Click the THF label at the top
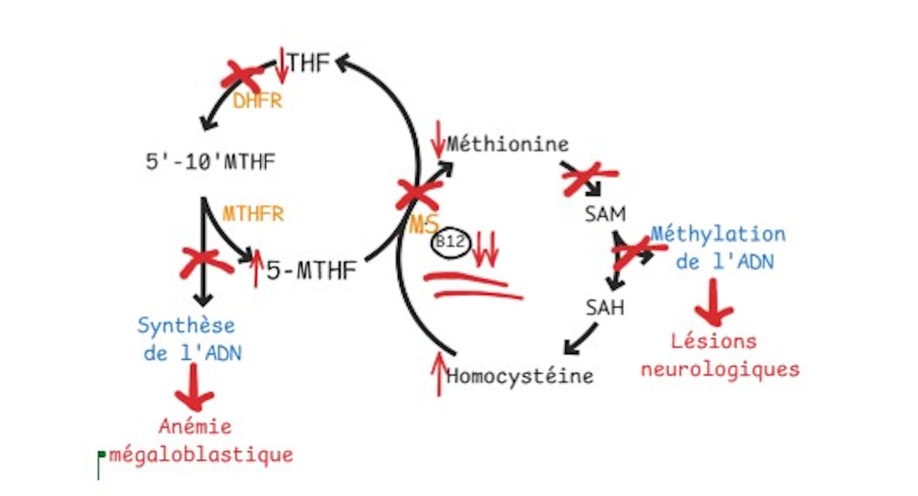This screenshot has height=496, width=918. [308, 63]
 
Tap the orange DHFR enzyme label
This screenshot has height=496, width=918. [257, 102]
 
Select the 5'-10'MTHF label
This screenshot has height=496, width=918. [211, 161]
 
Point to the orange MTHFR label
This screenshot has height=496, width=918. [253, 213]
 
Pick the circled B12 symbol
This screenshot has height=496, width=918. [450, 242]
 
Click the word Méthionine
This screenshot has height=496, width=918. [507, 144]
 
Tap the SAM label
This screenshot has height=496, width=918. [604, 213]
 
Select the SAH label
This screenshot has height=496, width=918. [604, 307]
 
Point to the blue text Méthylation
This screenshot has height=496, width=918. [718, 234]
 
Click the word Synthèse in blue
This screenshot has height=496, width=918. [187, 324]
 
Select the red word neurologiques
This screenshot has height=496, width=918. [720, 369]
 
